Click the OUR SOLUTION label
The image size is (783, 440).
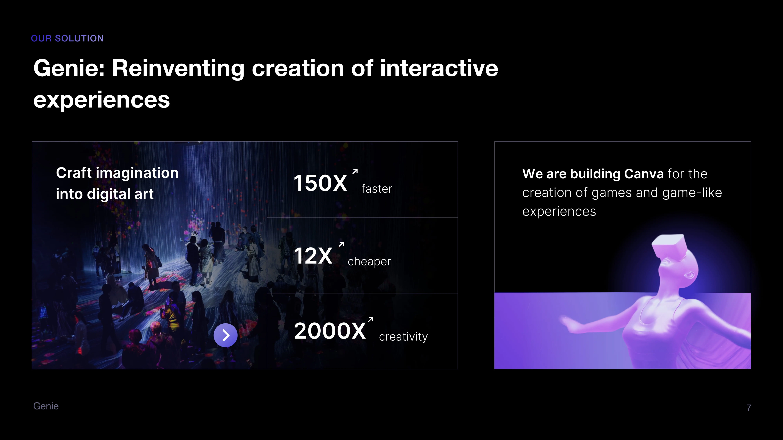click(67, 38)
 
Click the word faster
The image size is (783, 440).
click(377, 189)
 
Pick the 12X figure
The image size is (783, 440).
click(313, 256)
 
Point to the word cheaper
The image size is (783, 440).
click(369, 261)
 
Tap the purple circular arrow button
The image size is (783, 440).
click(226, 335)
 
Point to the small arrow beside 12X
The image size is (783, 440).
click(341, 244)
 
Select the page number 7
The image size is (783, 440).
click(749, 408)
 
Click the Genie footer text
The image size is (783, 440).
click(46, 406)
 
